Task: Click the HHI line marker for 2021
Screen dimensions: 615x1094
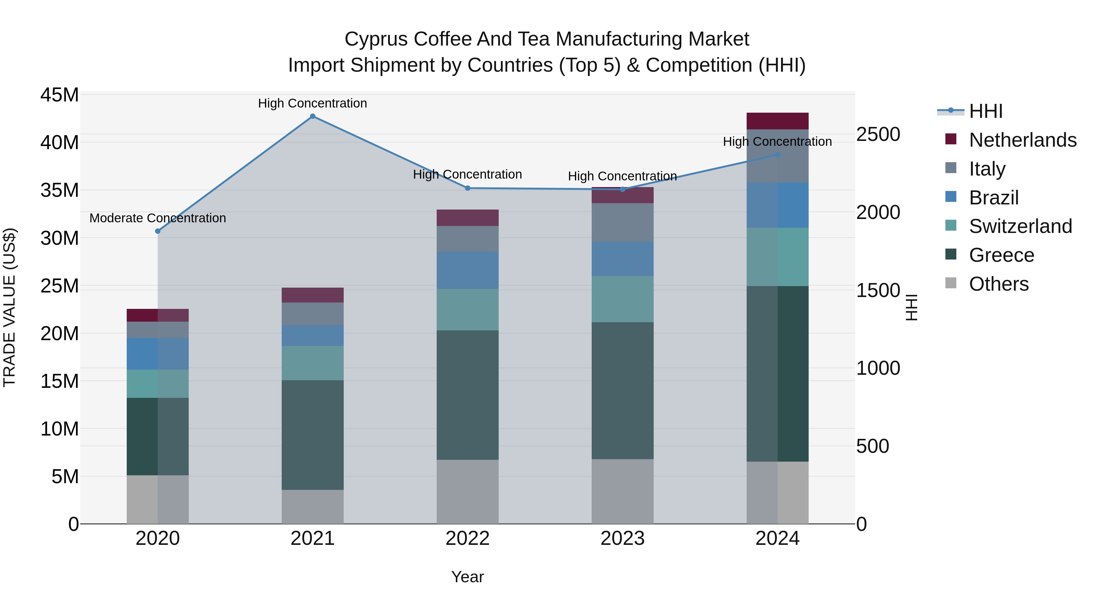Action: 313,116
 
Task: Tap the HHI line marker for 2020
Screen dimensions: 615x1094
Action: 157,231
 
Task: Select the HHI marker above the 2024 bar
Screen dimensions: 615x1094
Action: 778,155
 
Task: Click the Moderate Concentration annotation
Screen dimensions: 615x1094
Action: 157,218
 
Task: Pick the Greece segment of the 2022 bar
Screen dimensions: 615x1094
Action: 468,395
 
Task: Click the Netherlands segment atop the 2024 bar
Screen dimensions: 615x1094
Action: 778,121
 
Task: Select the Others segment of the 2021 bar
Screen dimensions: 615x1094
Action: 313,507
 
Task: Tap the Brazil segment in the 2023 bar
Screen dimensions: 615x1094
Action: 623,259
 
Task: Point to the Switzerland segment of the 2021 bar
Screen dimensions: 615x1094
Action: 313,363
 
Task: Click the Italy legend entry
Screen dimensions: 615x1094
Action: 987,169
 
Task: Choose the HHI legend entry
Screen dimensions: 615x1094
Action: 985,111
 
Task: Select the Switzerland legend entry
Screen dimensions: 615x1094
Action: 1020,226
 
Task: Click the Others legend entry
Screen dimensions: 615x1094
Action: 999,284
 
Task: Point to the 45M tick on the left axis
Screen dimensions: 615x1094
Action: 60,95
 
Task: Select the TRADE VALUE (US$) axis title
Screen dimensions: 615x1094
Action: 9,307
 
